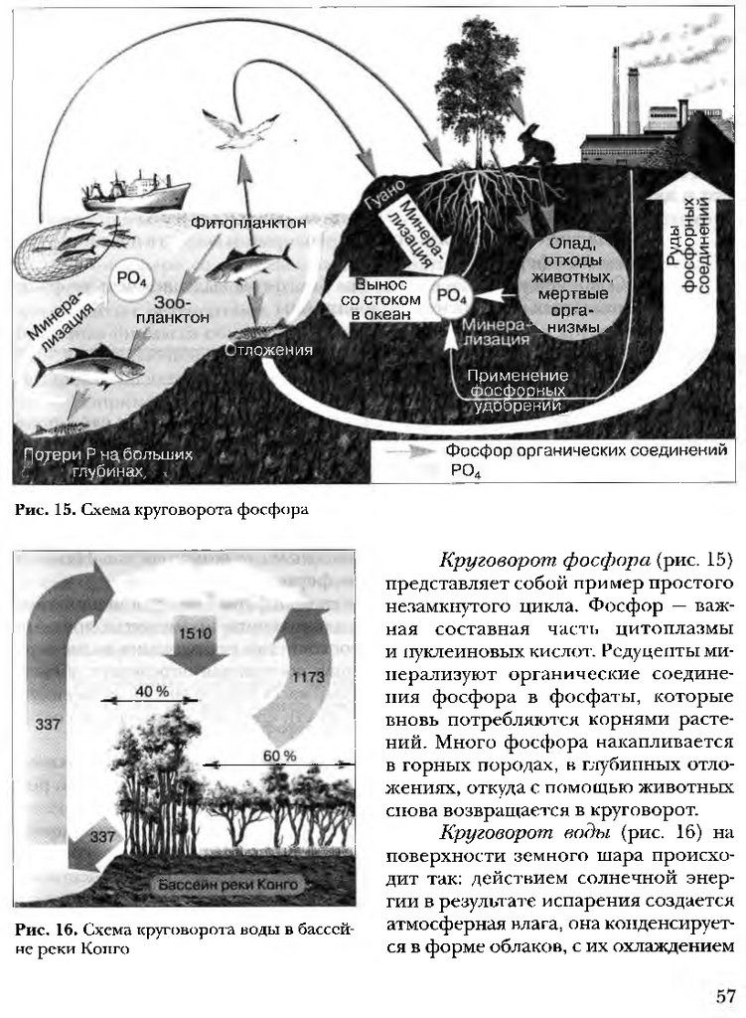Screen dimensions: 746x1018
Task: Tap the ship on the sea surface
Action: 134,191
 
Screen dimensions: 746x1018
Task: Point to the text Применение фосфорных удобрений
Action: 517,391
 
